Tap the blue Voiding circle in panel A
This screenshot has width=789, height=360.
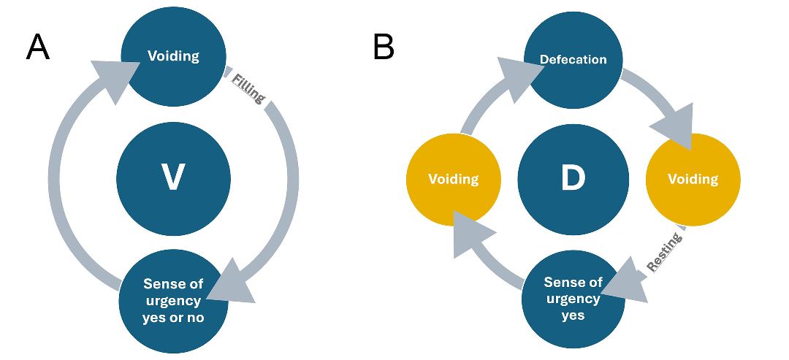(x=173, y=56)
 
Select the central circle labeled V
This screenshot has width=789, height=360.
(x=173, y=179)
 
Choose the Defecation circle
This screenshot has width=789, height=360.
(x=573, y=59)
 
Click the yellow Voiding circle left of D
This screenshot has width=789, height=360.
(x=453, y=179)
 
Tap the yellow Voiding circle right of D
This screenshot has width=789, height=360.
(x=693, y=179)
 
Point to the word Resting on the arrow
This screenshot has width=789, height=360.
(x=664, y=253)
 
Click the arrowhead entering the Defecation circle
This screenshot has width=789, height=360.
(x=519, y=69)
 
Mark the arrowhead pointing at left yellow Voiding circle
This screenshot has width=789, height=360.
(x=470, y=232)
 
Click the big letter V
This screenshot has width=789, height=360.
(x=173, y=179)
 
